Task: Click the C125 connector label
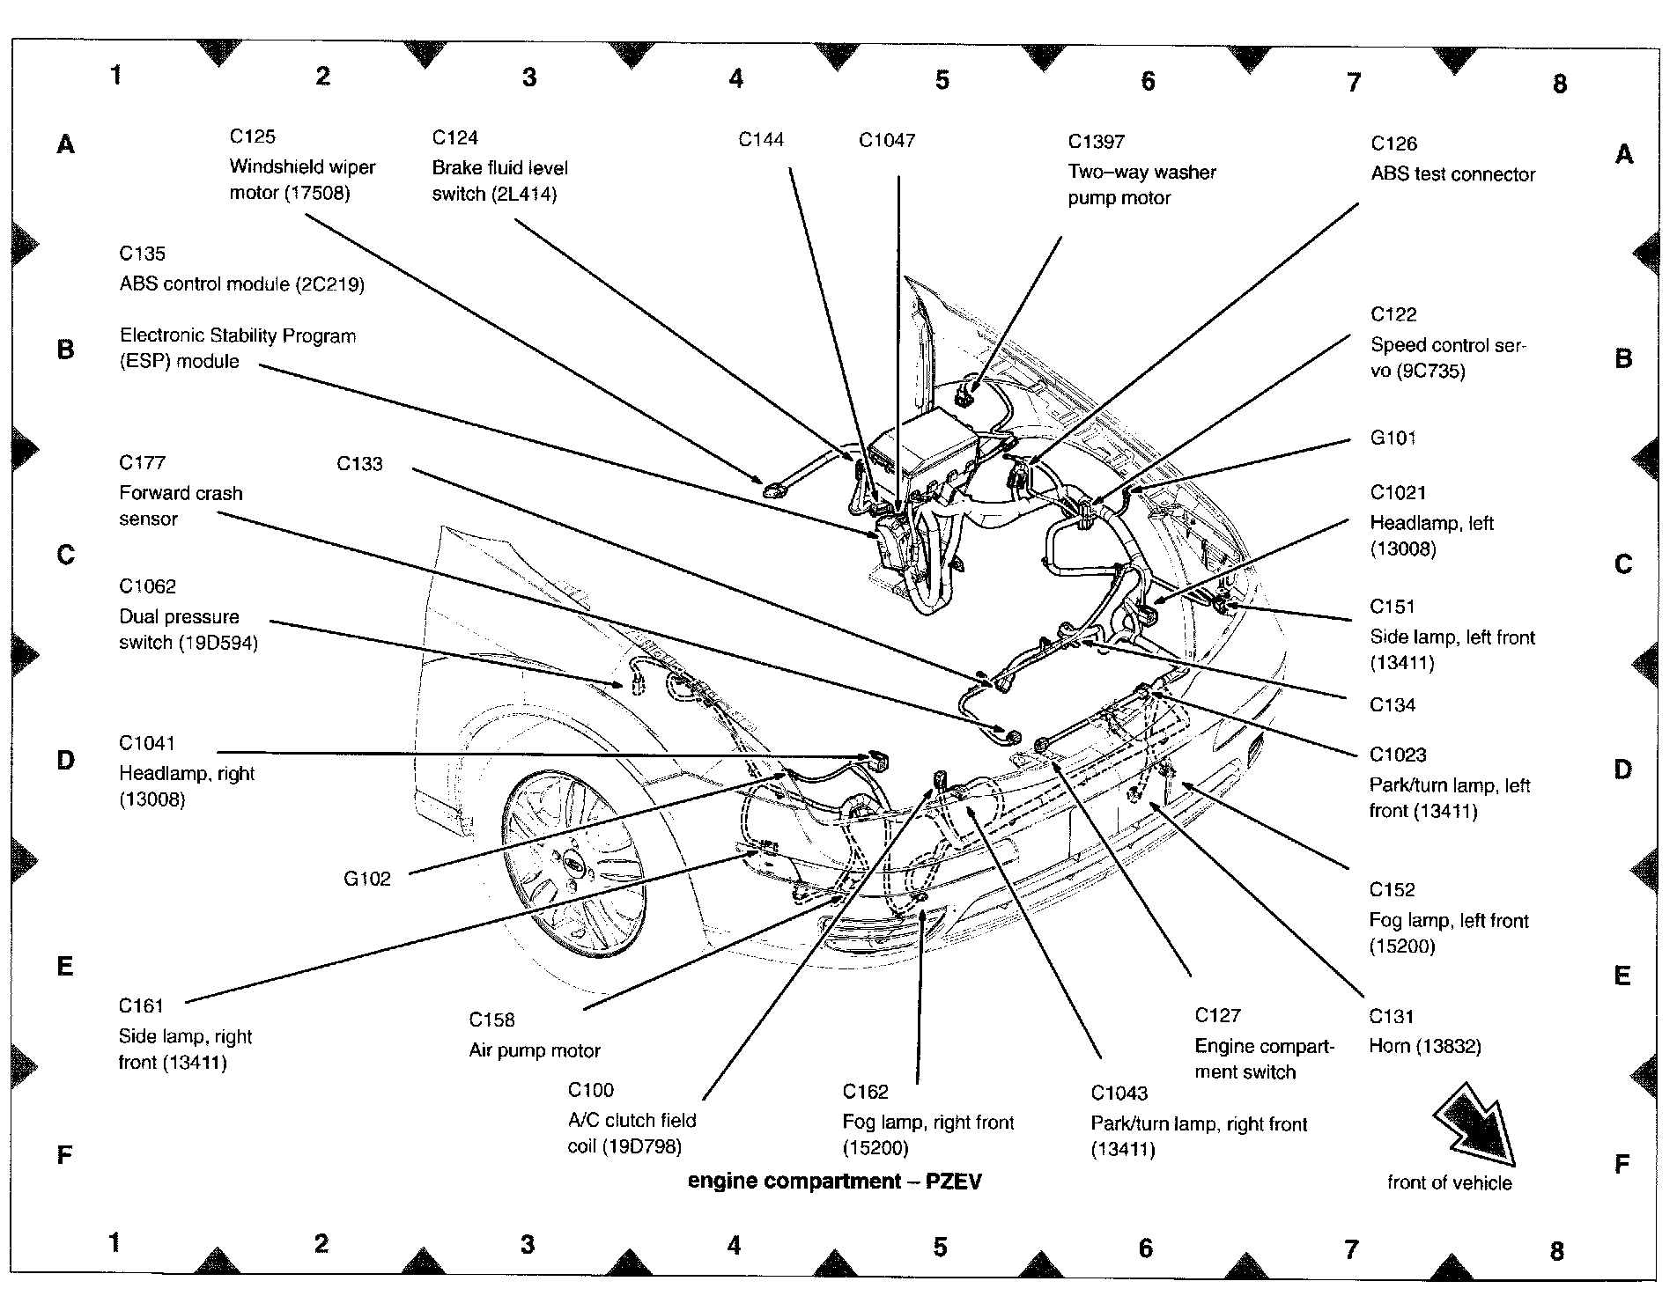253,136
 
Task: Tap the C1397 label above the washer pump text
1097,142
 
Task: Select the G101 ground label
1393,438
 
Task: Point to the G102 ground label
367,878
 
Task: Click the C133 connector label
360,463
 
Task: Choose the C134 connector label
1393,704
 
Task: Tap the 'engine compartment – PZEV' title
835,1181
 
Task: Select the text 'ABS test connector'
1453,174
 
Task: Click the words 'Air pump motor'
535,1050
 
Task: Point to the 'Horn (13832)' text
1425,1046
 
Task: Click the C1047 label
887,140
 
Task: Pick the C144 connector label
761,139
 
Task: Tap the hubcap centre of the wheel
573,866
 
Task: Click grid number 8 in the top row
1560,84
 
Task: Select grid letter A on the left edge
65,144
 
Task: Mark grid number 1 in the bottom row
115,1242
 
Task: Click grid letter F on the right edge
1622,1164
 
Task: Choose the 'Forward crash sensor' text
181,506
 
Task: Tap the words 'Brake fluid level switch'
500,180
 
